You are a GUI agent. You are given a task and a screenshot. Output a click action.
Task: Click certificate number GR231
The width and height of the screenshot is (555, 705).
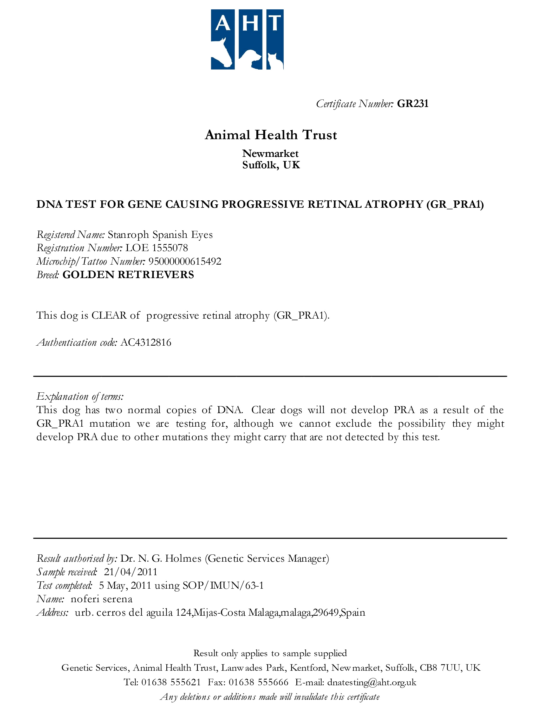coord(413,104)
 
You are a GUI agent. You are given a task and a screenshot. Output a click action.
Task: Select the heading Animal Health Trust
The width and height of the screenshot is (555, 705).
coord(271,135)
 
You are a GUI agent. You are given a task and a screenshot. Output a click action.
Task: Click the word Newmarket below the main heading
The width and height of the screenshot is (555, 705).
coord(270,153)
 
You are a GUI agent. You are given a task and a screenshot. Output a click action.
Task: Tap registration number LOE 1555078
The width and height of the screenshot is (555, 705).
coord(156,248)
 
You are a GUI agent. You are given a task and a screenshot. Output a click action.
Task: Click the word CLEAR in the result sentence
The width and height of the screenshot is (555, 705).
coord(109,315)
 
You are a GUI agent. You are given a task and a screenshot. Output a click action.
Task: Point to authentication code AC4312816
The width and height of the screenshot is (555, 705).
coord(146,343)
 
